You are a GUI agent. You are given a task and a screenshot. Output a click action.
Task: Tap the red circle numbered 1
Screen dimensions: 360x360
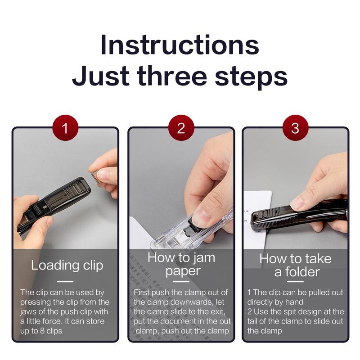pos(65,128)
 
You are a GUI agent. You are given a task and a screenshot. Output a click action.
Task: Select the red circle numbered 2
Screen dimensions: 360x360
pos(181,128)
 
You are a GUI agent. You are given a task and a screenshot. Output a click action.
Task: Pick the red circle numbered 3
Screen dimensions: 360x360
pos(295,128)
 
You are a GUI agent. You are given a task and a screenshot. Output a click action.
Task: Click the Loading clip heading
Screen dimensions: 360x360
pos(67,265)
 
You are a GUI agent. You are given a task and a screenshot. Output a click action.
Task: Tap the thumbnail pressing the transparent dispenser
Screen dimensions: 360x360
pos(198,217)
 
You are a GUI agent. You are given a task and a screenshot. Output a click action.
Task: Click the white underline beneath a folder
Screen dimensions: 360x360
pos(295,281)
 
